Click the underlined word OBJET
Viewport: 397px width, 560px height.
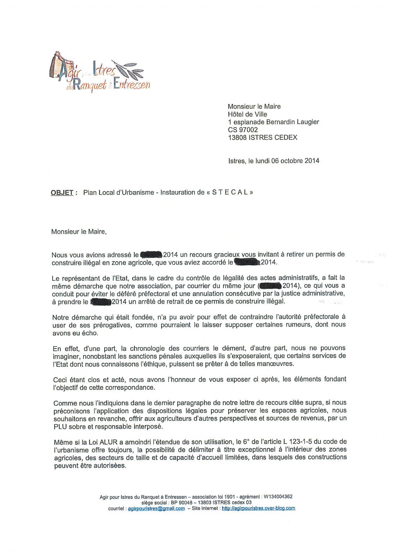coord(62,192)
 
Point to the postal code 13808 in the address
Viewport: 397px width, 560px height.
coord(237,138)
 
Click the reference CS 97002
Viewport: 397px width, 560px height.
coord(243,130)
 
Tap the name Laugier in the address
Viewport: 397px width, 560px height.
coord(307,122)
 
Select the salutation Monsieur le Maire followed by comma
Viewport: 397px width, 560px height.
coord(79,232)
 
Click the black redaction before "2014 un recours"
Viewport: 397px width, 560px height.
coord(150,254)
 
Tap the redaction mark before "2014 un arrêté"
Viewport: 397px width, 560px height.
coord(101,301)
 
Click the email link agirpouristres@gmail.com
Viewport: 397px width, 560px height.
coord(156,509)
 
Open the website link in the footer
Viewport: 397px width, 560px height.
coord(258,508)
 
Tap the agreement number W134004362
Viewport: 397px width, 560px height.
coord(278,497)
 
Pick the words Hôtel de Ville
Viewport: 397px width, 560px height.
coord(247,114)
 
